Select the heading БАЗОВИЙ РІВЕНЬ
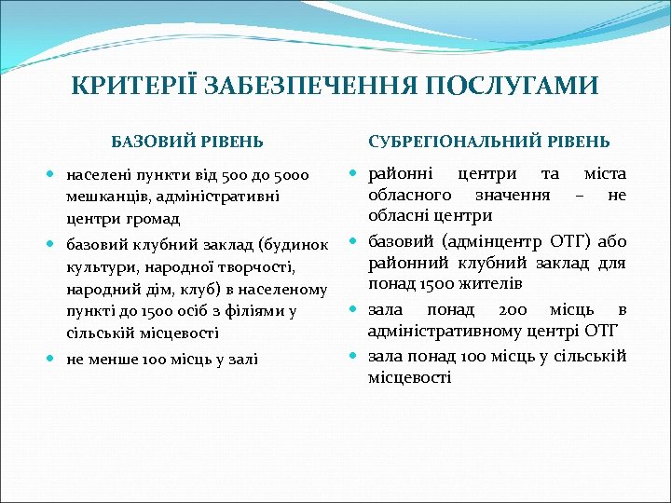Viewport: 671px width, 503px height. point(187,143)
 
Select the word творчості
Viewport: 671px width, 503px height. point(253,267)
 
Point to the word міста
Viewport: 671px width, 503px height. point(604,174)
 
